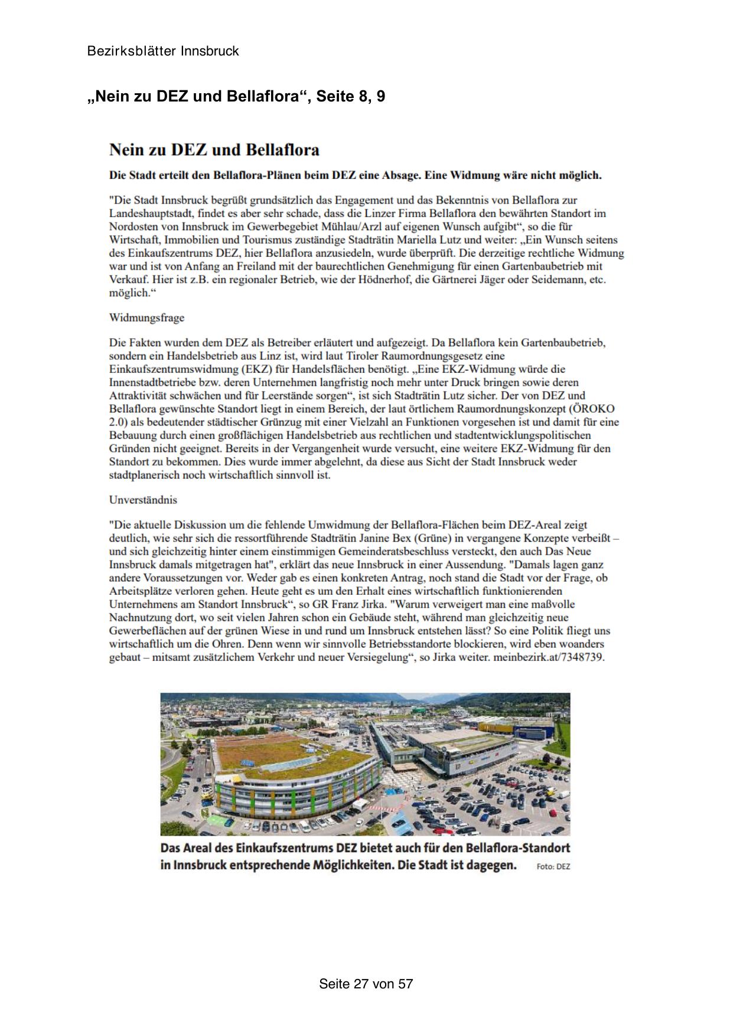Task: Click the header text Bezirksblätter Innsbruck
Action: [163, 51]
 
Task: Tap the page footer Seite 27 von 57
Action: [366, 984]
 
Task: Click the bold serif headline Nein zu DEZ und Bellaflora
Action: [214, 150]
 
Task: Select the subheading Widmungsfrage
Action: [146, 317]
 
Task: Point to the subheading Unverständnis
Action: [143, 500]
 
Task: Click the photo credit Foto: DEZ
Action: [553, 867]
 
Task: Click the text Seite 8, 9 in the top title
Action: [351, 96]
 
